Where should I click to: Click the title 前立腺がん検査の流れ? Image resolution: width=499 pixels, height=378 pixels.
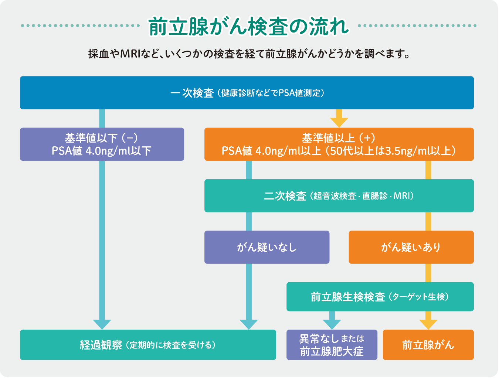248,26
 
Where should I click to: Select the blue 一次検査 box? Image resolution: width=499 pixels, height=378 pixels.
247,93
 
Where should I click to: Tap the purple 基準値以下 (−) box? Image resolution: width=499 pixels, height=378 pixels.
102,144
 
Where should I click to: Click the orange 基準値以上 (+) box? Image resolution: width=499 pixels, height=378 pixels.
339,144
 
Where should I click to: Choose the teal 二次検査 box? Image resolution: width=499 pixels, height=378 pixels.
339,196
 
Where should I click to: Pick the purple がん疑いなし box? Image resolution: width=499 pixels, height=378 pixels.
267,247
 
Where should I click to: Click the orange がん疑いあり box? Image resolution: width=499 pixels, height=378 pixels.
411,247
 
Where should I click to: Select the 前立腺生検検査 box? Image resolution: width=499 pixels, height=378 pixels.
380,297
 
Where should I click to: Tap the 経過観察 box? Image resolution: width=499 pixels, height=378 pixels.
148,345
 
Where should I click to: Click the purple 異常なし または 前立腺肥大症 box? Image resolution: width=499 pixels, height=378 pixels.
332,345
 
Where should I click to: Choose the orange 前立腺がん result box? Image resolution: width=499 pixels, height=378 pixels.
428,345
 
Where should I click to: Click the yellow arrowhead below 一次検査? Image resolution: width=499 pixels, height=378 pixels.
339,122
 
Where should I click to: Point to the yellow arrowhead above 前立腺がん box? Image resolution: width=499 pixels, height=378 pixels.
428,324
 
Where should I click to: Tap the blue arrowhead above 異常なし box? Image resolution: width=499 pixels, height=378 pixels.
332,324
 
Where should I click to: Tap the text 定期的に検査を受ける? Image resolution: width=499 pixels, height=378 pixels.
170,345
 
